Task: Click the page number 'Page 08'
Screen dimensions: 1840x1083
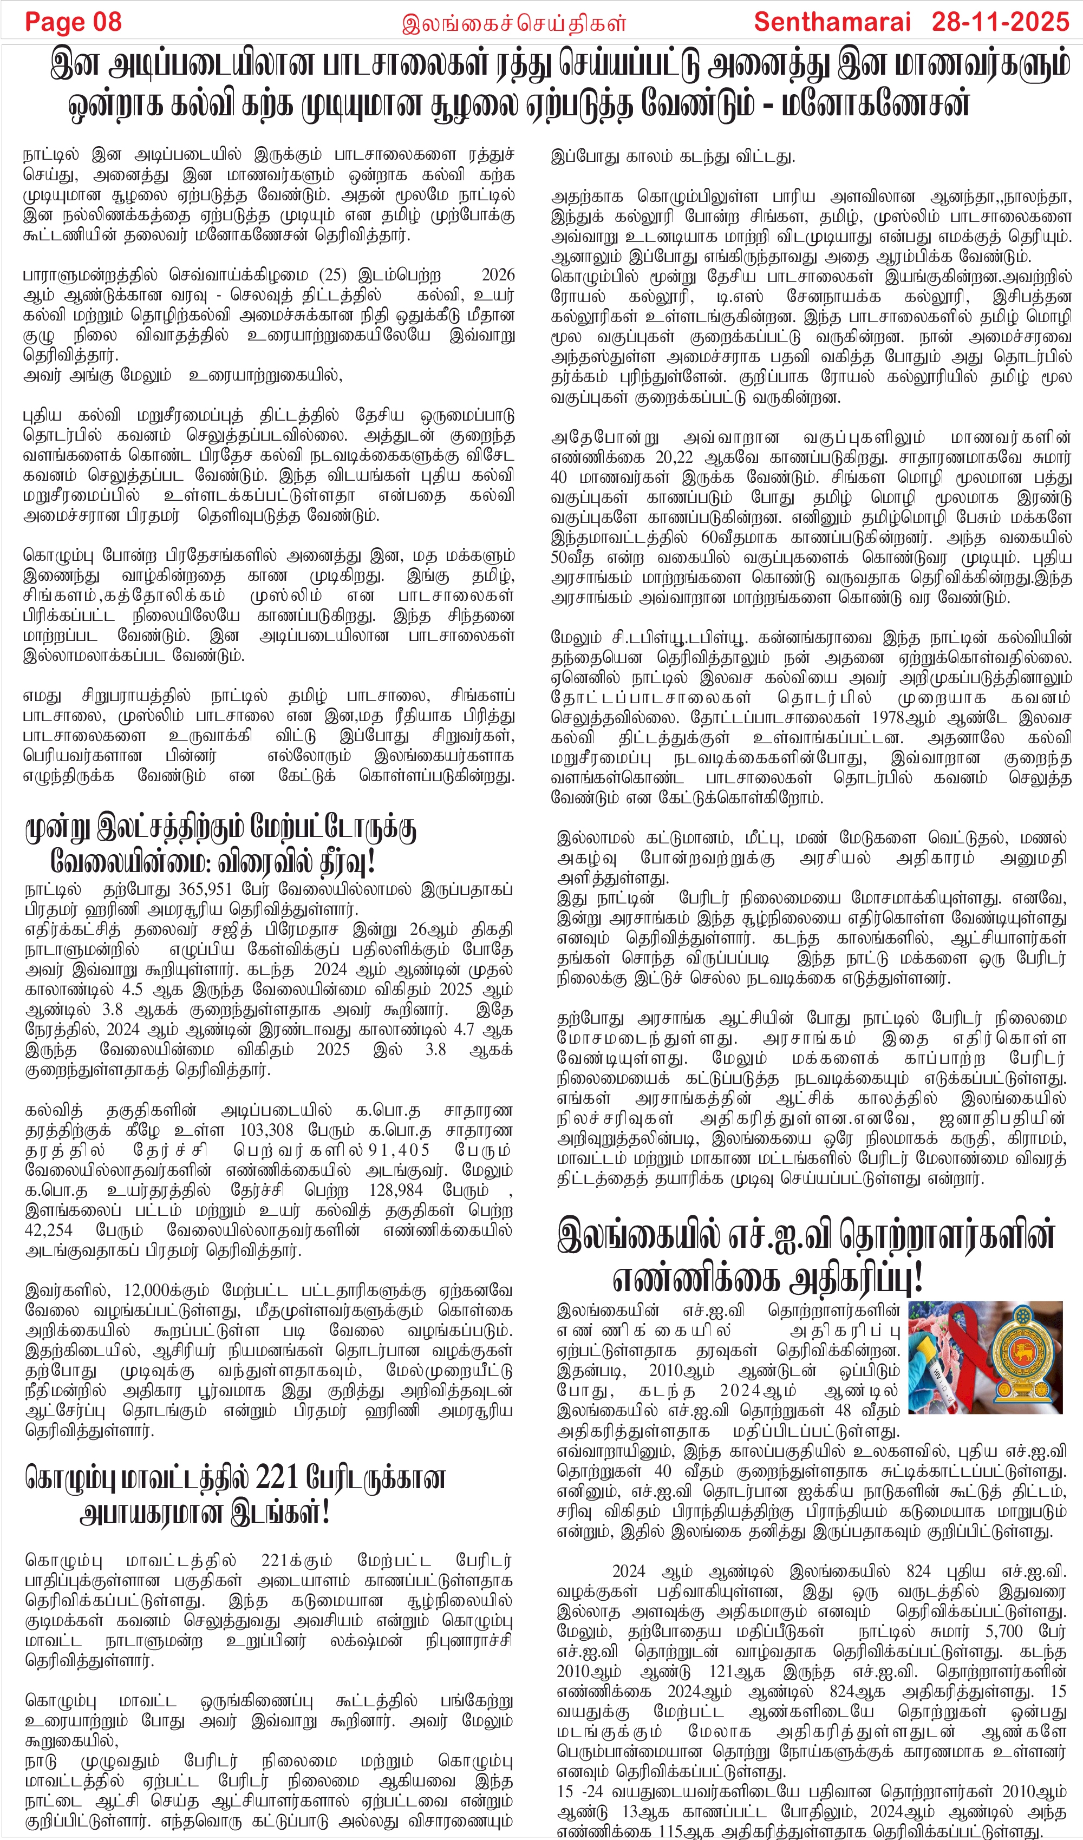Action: [x=73, y=22]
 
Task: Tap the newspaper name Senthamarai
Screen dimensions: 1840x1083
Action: [x=832, y=22]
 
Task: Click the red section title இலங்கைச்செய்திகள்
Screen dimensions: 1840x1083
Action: [x=513, y=23]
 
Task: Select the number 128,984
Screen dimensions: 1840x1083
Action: [x=396, y=1190]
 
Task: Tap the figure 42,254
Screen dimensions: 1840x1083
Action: [x=48, y=1230]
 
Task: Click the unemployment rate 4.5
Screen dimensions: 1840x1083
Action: [x=132, y=990]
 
